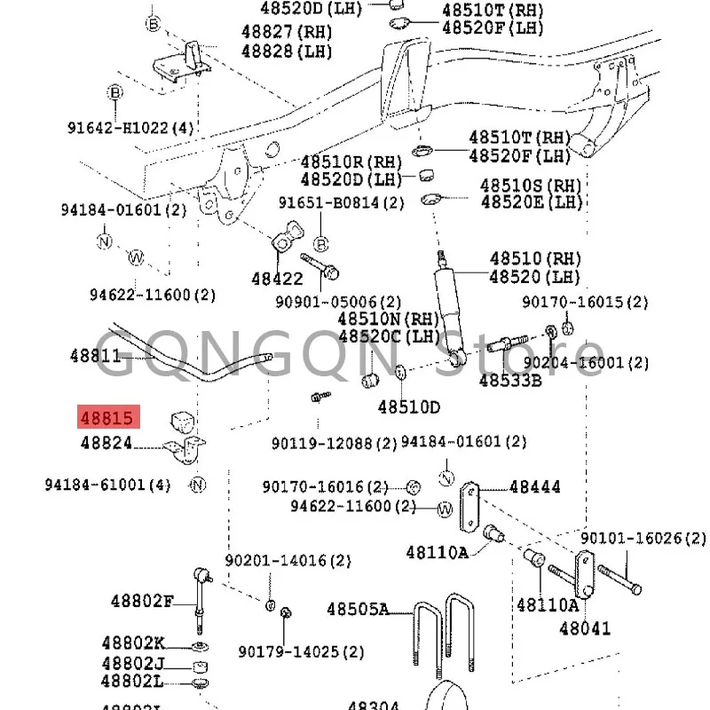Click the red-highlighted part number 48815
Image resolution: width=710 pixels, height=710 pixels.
point(106,416)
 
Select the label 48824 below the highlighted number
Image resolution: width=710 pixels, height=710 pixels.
point(106,442)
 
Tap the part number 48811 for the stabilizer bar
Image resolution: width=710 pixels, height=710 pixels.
point(95,357)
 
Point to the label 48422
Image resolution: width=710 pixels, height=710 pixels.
point(277,278)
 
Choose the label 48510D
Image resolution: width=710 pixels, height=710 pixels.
point(408,407)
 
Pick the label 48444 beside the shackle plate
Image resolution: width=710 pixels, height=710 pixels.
point(534,487)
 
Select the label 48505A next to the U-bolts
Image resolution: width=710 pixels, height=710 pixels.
point(358,609)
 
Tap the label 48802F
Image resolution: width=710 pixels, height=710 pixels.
point(142,601)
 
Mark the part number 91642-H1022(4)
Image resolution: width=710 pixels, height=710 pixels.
point(130,129)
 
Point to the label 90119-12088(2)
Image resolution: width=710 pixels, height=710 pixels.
point(334,442)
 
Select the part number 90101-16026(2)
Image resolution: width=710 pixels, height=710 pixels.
point(643,538)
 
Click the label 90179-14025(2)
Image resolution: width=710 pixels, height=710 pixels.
point(301,651)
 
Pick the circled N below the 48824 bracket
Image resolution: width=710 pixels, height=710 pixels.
point(197,485)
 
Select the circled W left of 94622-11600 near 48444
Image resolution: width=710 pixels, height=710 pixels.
point(444,509)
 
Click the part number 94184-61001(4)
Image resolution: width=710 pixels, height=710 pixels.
point(107,485)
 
